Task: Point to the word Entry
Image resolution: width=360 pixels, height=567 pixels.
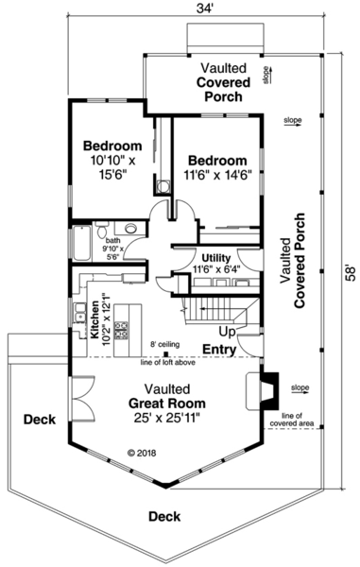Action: point(219,350)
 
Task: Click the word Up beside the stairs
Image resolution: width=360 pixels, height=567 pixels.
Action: point(228,333)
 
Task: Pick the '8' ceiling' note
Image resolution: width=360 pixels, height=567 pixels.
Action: point(166,344)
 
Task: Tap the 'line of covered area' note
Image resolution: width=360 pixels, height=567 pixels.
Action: point(291,420)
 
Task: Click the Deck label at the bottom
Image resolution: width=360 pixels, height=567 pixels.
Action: point(165,516)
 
